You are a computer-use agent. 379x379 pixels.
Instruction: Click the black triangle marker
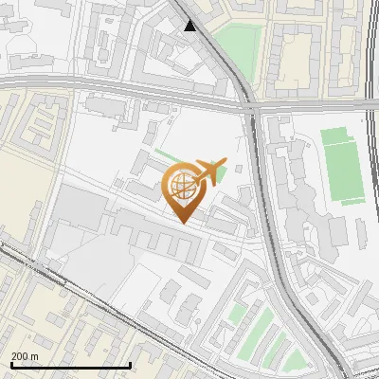coord(191,26)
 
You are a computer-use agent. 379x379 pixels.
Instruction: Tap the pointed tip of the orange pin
coord(182,221)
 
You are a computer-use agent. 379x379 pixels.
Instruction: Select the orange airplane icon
coord(210,171)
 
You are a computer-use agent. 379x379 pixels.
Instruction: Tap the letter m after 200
coord(35,356)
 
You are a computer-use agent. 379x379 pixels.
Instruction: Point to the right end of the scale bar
coord(130,365)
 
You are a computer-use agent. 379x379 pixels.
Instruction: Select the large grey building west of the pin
coord(81,208)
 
